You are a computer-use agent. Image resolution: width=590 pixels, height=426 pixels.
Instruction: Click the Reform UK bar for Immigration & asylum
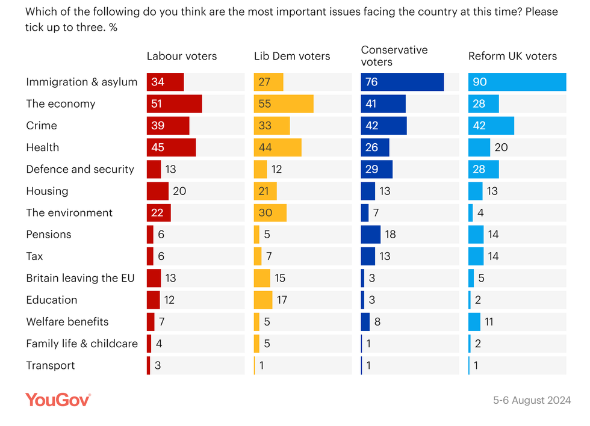[517, 82]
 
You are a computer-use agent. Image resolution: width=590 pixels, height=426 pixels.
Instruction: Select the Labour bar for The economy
[174, 103]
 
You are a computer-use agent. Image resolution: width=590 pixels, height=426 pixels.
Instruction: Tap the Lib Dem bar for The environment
[270, 213]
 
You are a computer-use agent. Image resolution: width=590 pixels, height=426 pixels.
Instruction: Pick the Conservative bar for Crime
[383, 126]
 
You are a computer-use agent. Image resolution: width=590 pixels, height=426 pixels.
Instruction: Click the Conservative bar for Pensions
[370, 235]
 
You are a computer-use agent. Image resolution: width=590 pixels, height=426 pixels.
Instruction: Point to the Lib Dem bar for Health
[278, 147]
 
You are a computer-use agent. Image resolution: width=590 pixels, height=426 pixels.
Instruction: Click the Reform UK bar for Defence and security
[483, 169]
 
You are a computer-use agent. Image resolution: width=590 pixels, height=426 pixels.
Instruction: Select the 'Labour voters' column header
[182, 56]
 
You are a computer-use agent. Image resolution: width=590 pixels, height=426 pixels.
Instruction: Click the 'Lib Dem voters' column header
[292, 56]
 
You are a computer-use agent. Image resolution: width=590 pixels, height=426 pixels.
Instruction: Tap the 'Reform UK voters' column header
[512, 56]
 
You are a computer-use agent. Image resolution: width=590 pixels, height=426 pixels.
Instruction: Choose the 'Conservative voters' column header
[394, 55]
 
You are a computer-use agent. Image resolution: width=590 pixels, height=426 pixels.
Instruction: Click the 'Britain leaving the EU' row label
[80, 278]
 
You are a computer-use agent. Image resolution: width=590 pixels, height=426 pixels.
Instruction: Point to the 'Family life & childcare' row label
[81, 344]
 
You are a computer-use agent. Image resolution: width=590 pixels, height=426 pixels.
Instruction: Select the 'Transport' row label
[50, 365]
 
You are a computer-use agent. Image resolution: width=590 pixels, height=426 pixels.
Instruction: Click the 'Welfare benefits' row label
[67, 322]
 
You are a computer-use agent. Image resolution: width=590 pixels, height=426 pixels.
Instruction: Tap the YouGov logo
[58, 399]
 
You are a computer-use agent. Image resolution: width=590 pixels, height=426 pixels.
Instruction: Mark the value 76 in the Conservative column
[371, 82]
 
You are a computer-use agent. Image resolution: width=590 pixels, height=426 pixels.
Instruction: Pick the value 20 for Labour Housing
[179, 191]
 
